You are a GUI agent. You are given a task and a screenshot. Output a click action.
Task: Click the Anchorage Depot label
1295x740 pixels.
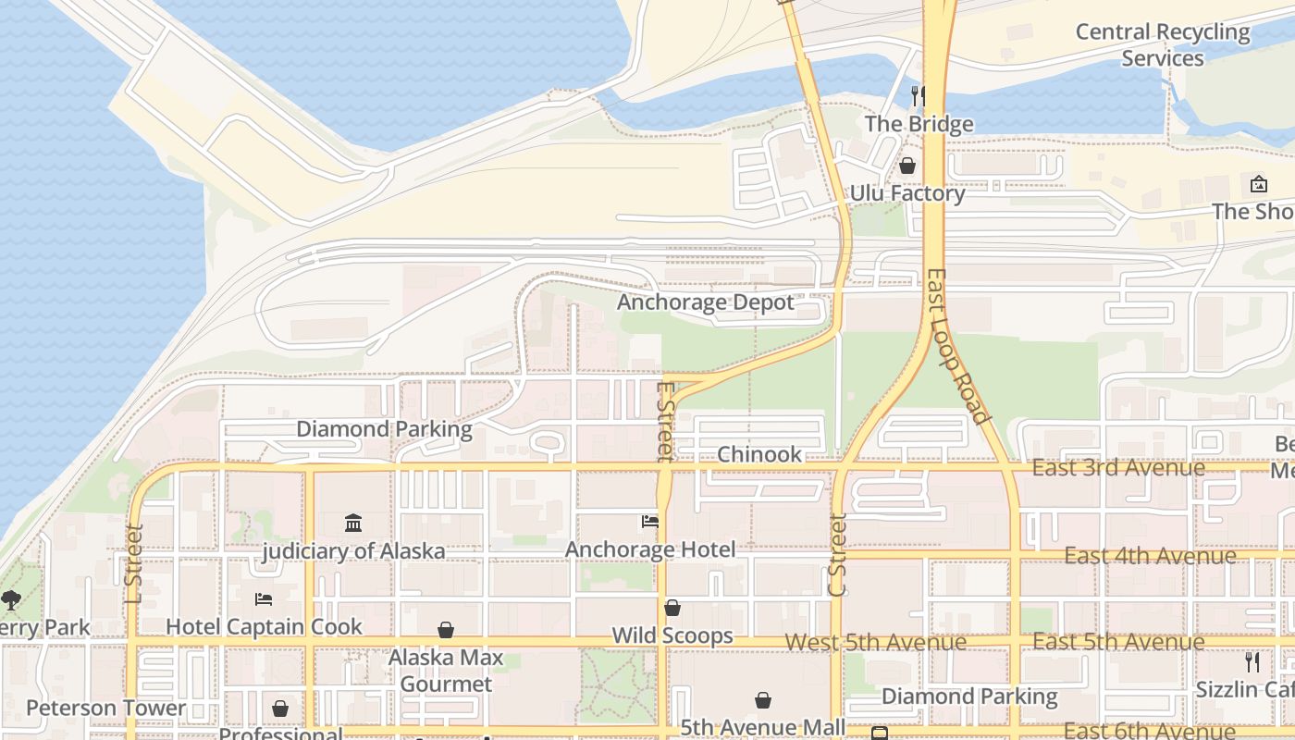705,302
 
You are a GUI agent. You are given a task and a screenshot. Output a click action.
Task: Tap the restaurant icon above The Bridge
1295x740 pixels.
918,95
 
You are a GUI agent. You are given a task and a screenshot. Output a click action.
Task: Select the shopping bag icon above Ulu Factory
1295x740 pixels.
907,166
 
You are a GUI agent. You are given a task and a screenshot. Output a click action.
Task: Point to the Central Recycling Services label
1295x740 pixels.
1163,44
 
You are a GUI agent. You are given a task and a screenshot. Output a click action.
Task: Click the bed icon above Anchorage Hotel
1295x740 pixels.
650,522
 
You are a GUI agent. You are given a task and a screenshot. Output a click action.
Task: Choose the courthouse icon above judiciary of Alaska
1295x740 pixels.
353,524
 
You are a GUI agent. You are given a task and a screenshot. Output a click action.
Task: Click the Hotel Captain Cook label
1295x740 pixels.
264,626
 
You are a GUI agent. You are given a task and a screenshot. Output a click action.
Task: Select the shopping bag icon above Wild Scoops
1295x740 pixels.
672,608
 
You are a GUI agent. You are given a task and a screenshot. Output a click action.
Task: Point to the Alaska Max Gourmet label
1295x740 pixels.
446,671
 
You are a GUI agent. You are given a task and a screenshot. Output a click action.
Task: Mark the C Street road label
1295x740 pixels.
837,555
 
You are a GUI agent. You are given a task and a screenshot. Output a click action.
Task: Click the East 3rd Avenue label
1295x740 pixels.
1117,468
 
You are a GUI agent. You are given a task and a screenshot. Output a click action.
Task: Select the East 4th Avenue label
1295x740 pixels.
1150,555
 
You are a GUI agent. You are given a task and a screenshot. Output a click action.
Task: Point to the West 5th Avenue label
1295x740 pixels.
875,642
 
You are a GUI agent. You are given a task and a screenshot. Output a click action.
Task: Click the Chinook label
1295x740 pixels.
759,454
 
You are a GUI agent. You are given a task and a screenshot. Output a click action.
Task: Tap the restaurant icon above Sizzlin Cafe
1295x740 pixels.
1252,662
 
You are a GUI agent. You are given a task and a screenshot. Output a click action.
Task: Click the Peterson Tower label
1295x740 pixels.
105,709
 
